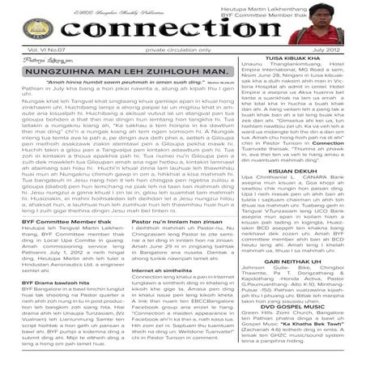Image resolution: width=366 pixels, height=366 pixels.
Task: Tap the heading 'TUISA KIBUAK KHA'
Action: [x=304, y=59]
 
